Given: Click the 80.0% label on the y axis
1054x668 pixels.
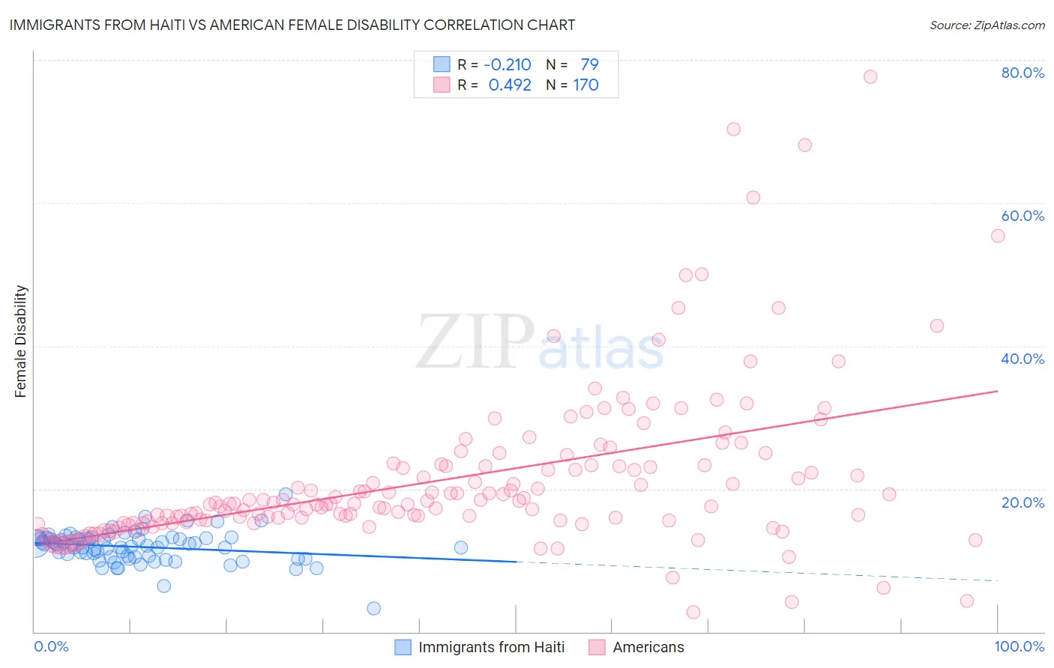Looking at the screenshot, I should click(1023, 73).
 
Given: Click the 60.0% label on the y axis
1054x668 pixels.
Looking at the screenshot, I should click(1023, 216).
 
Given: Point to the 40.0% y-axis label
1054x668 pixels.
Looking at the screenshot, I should click(1023, 359).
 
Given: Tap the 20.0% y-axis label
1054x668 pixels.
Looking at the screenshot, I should click(1023, 502).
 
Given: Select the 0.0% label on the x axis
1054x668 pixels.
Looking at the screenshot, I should click(51, 646).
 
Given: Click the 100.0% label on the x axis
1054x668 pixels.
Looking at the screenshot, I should click(1019, 646).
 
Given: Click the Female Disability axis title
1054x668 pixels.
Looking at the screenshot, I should click(21, 341).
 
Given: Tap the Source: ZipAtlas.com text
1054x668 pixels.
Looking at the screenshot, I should click(987, 25).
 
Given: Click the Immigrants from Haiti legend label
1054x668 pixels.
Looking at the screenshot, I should click(491, 647).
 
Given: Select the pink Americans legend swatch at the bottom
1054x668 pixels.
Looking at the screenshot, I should click(597, 647).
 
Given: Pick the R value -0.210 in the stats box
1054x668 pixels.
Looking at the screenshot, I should click(508, 65).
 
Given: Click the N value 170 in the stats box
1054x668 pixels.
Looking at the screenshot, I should click(585, 85).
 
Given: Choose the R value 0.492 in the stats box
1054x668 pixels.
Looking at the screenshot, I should click(510, 85).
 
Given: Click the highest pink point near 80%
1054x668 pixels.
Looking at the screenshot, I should click(870, 76).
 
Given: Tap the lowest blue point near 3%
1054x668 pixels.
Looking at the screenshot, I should click(373, 608).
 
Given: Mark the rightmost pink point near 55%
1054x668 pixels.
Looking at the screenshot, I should click(997, 236).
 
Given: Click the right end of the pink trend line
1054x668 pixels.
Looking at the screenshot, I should click(997, 391).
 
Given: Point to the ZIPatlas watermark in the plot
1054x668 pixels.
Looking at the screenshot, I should click(540, 343).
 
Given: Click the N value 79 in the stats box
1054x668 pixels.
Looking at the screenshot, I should click(589, 65).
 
